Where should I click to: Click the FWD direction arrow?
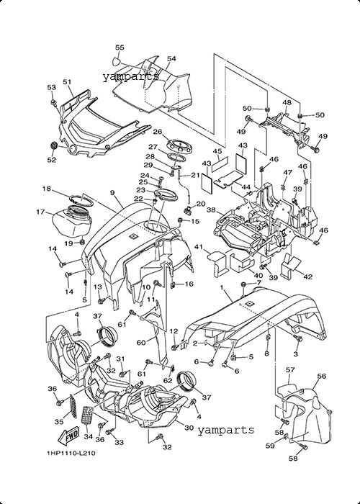point(68,434)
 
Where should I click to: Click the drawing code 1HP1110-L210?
point(71,453)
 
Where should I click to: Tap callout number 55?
point(120,48)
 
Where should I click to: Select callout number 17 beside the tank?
point(40,212)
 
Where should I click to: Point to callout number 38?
point(211,210)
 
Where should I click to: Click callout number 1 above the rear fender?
point(221,287)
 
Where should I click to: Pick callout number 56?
point(321,376)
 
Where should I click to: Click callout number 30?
point(189,428)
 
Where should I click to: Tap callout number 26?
point(157,132)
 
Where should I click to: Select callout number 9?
point(112,192)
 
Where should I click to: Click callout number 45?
point(217,151)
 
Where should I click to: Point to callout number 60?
point(141,343)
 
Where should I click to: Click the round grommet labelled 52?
point(54,145)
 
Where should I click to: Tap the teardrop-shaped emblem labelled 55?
point(117,60)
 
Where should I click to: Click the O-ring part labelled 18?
point(82,201)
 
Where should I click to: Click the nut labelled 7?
point(243,284)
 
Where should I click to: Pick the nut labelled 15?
point(180,220)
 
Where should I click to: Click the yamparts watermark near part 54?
point(131,77)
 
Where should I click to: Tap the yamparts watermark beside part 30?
point(225,430)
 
